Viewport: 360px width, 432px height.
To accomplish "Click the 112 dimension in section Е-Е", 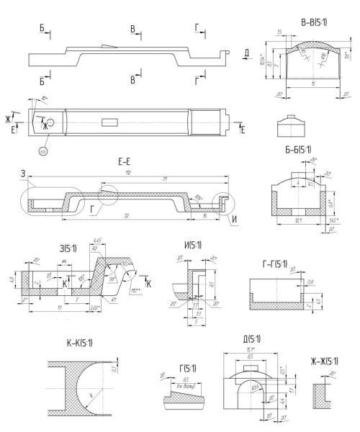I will tap(129, 174).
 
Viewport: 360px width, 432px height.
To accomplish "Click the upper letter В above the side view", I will tap(131, 28).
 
